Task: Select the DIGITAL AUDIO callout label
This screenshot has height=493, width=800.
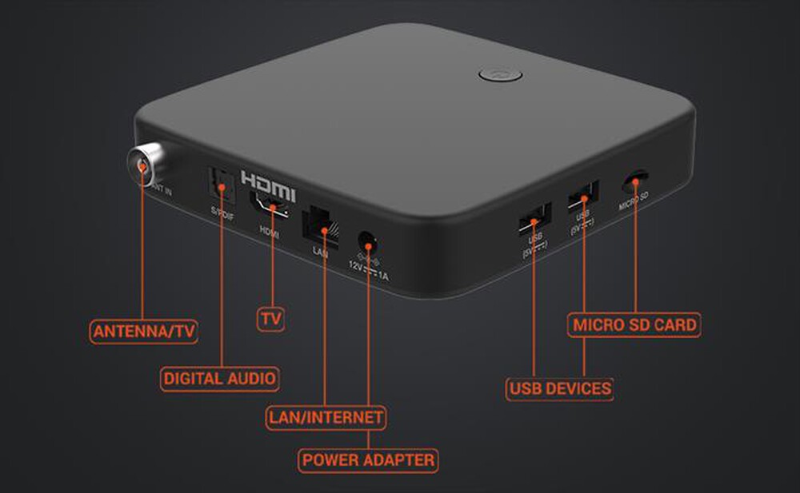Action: tap(220, 378)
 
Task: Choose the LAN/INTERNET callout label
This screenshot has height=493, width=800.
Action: tap(326, 417)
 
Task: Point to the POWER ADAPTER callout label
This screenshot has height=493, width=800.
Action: tap(369, 459)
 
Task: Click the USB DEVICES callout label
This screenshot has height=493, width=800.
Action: tap(560, 389)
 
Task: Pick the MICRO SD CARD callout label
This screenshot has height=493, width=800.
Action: tap(635, 325)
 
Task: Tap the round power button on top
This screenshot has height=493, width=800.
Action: tap(500, 75)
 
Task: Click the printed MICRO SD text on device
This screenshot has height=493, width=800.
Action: tap(634, 205)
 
